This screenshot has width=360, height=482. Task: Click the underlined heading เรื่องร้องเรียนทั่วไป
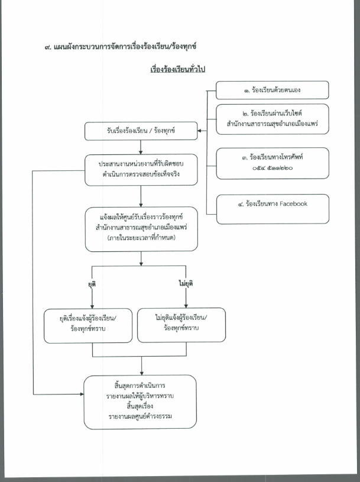click(177, 69)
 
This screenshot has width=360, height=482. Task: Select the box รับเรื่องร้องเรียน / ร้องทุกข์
click(141, 131)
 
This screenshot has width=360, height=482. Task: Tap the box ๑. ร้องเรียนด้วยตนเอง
click(272, 90)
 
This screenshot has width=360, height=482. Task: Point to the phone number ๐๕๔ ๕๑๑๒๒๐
click(273, 168)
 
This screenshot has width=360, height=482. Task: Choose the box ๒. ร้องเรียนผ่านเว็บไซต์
click(272, 119)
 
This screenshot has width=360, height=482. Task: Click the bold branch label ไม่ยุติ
click(186, 283)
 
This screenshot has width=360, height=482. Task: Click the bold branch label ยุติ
click(92, 284)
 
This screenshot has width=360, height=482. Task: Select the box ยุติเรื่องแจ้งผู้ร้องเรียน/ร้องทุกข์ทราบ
click(88, 325)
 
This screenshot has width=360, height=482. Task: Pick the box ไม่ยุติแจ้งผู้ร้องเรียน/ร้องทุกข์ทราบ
click(181, 325)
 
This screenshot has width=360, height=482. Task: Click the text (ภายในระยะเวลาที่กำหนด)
click(141, 238)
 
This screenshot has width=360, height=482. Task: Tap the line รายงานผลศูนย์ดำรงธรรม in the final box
click(140, 416)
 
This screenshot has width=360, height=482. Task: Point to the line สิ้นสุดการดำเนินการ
click(140, 385)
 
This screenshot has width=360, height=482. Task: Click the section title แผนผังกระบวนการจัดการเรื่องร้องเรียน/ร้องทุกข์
click(125, 47)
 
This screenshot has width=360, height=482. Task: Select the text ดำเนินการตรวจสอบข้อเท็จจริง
click(141, 174)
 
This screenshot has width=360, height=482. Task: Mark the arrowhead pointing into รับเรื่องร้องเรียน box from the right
click(199, 131)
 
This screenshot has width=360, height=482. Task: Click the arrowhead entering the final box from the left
click(82, 394)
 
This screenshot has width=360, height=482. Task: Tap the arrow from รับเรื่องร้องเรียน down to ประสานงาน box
click(141, 147)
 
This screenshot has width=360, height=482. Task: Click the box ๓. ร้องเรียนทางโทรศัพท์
click(273, 163)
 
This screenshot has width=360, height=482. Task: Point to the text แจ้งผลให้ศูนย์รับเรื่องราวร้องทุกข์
click(141, 217)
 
